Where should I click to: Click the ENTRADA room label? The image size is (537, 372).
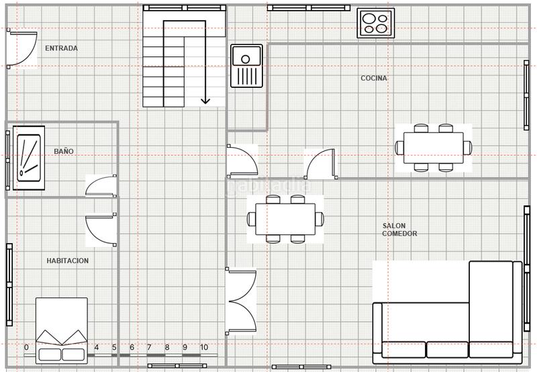click(61, 48)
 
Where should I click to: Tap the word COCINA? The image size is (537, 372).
click(374, 78)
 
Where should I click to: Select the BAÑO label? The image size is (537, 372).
click(64, 151)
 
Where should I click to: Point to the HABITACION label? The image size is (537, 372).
click(68, 261)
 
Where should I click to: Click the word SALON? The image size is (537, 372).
click(394, 226)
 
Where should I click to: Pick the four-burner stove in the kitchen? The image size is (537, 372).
click(376, 23)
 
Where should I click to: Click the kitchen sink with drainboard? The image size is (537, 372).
click(246, 66)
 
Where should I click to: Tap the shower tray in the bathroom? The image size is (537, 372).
click(29, 158)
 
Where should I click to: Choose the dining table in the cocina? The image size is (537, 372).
click(434, 148)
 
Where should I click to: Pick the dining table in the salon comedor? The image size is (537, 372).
click(285, 219)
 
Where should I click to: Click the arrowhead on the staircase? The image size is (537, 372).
click(205, 101)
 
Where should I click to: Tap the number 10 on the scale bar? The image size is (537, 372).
click(204, 347)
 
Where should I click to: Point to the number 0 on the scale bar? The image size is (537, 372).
click(26, 347)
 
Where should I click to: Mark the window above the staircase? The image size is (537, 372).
click(184, 7)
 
